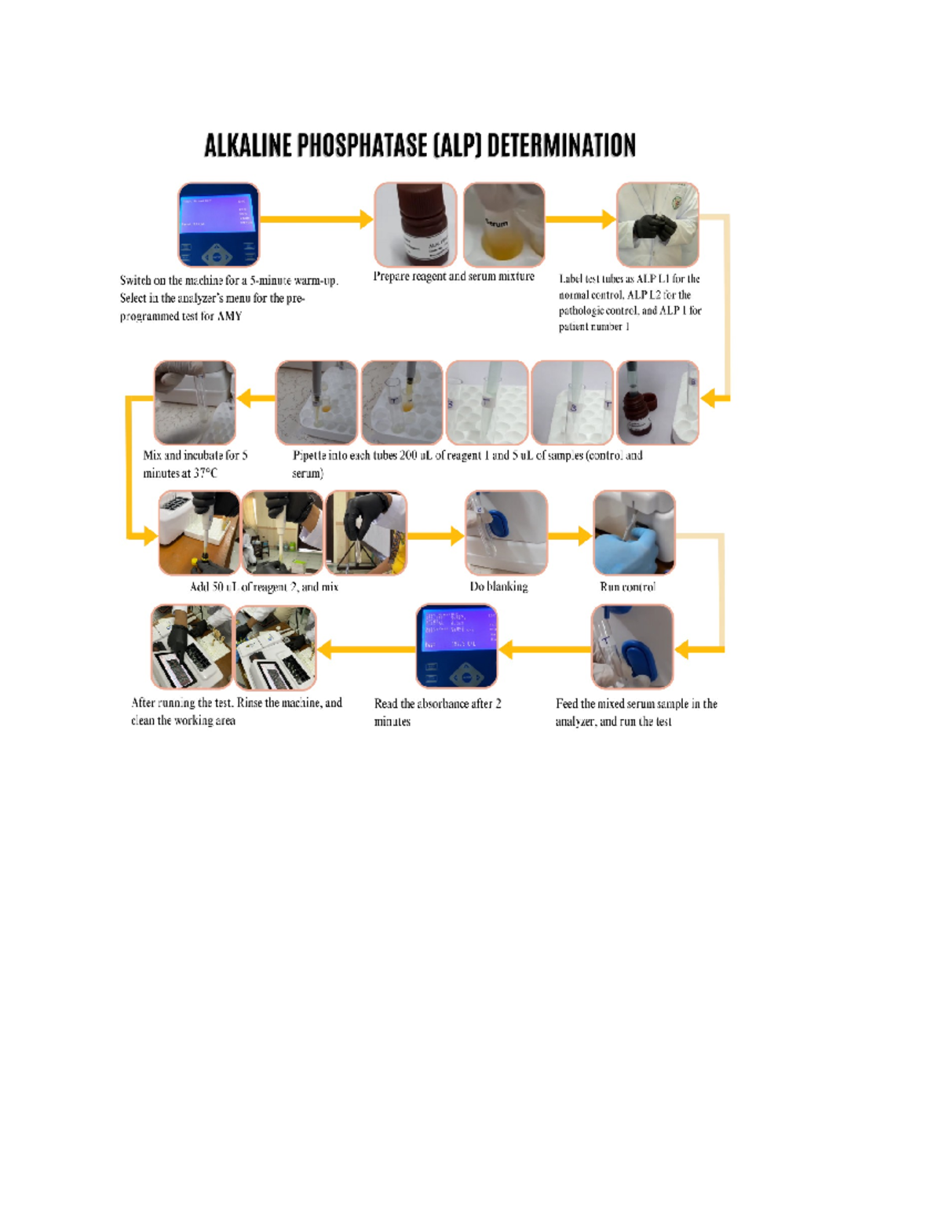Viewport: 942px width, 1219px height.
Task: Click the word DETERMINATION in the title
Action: pos(561,146)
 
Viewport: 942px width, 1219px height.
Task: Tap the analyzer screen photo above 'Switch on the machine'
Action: pos(218,225)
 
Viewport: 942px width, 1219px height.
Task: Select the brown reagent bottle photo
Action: pos(415,225)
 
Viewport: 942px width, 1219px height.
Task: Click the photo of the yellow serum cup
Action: pos(504,225)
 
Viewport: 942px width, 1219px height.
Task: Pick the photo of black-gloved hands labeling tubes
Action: pos(657,225)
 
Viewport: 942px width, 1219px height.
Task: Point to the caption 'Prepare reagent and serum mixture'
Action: pos(453,277)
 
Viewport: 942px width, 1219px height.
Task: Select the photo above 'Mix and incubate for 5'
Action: pos(195,403)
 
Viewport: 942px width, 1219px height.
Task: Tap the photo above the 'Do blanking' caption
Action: pos(506,533)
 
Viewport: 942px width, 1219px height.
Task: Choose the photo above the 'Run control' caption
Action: pos(633,533)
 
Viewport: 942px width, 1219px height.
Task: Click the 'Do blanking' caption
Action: pos(498,587)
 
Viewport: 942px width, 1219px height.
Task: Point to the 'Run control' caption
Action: pos(626,587)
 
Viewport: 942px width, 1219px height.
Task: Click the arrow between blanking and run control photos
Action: pos(570,536)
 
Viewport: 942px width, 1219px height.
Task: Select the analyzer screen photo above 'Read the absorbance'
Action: pos(456,646)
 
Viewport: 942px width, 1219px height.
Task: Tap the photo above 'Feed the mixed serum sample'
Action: pos(632,646)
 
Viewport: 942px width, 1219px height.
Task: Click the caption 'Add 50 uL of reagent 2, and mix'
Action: pos(264,587)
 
